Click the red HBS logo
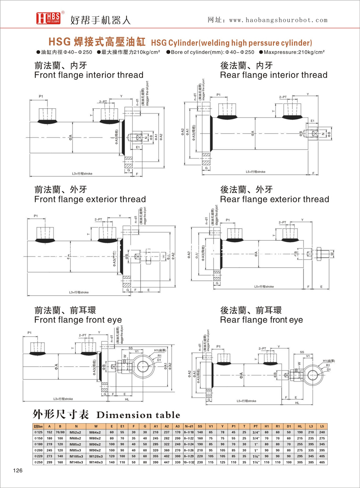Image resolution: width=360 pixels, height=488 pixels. coord(46,17)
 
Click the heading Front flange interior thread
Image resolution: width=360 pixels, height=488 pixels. coord(89,75)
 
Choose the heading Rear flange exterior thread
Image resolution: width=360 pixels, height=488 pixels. coord(274,199)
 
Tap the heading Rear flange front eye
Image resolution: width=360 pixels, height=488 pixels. coord(262,320)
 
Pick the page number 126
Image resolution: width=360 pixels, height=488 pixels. coord(18,471)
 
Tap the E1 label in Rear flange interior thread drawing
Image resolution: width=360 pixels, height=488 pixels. coord(312,121)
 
